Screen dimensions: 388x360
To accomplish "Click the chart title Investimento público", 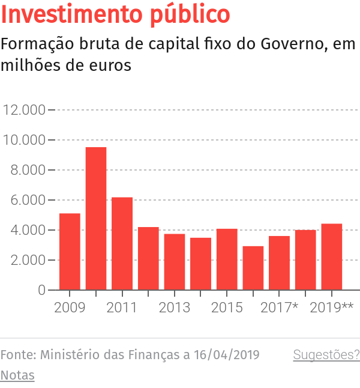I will [x=116, y=15].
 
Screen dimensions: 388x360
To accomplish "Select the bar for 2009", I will [x=70, y=252].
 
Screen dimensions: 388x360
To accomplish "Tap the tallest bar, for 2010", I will [x=96, y=219].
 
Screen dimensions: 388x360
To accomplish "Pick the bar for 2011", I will [x=122, y=243].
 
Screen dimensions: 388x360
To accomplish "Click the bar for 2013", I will [x=175, y=262].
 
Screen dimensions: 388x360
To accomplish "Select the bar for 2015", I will [x=227, y=259].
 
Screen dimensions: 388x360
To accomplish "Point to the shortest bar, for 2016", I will [x=253, y=268].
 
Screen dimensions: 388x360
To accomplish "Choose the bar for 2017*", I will [x=279, y=263].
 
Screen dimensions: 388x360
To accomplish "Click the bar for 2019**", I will [x=331, y=256].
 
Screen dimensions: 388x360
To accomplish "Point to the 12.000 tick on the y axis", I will [x=25, y=110].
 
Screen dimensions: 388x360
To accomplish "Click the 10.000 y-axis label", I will [x=25, y=140].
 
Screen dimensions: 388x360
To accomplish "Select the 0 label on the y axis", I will [x=41, y=290].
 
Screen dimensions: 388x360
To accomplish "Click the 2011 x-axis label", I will [x=122, y=308].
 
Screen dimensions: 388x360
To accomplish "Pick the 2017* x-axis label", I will [x=280, y=308].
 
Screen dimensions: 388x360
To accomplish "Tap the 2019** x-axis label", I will [x=332, y=308].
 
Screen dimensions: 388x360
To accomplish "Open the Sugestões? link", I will [x=326, y=355].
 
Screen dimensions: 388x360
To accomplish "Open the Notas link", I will [x=17, y=375].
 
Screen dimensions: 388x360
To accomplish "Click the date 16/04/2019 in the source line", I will [x=227, y=355].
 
